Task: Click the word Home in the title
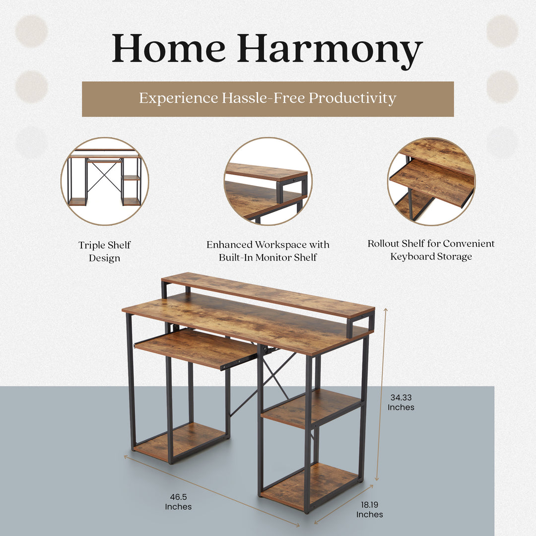[169, 49]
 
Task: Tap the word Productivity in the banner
[352, 98]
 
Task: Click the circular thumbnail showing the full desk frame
[105, 181]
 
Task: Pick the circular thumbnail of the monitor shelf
[268, 181]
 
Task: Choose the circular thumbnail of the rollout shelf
[431, 181]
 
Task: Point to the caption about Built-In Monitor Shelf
[268, 251]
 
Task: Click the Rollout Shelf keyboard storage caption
[431, 250]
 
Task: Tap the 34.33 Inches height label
[401, 402]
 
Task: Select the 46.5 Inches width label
[178, 501]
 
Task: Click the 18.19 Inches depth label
[369, 510]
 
